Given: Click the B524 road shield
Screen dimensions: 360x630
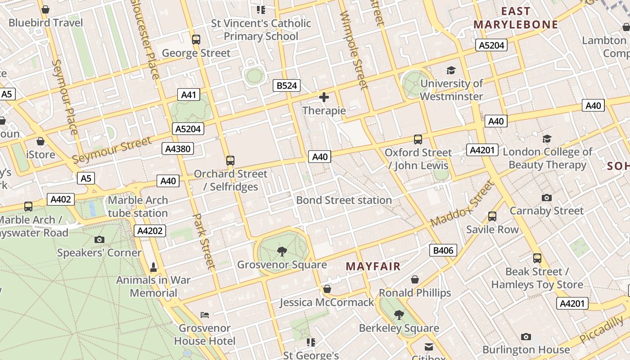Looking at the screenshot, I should coord(287,85).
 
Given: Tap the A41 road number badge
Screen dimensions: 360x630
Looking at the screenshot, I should coord(189,94).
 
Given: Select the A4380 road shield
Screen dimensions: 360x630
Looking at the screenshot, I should coord(178,149).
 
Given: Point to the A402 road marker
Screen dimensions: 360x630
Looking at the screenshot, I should coord(61,199).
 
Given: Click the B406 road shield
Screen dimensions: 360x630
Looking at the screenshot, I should coord(443,251).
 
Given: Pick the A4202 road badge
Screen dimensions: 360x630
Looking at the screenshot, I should coord(150,231).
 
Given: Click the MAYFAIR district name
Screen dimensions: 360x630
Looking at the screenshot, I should coord(373,266).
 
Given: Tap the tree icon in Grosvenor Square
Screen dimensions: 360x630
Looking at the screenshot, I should coord(282,251).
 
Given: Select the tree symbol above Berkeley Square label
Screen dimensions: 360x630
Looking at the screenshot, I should coord(399,315).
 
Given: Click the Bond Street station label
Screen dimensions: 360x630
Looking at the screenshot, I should coord(344,200).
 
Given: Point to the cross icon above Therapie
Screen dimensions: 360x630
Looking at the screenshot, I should coord(324,97).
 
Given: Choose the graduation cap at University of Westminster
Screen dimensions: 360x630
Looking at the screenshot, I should coord(451,70).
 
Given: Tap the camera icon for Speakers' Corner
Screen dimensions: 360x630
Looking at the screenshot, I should coord(99,239).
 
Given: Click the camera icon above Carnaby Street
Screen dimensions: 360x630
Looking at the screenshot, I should coord(547,198).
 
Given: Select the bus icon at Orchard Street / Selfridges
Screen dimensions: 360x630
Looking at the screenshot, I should coord(230,160).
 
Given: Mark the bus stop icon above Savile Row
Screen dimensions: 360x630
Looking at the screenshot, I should coord(492,216).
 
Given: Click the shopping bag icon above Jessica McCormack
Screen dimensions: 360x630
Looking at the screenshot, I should coord(327,289).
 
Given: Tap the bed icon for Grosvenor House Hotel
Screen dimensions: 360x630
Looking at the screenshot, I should coord(205,315).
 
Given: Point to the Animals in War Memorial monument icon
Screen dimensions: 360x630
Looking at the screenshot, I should coord(153,267).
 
